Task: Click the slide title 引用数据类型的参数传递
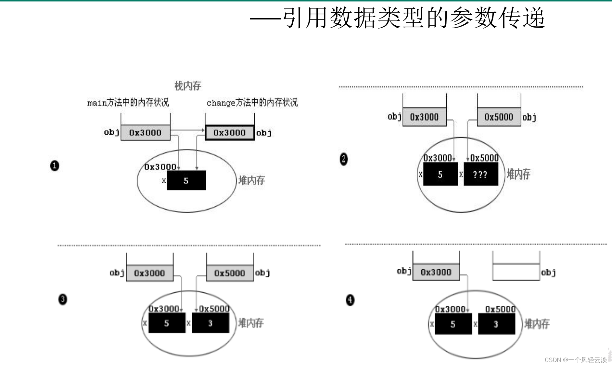[x=413, y=18]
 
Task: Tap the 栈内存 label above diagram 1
[x=188, y=86]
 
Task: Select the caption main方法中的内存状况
[x=128, y=103]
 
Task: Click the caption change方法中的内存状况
[x=252, y=103]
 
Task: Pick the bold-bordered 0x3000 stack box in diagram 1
[x=230, y=133]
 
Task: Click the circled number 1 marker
[x=55, y=166]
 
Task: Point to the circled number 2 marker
[x=343, y=159]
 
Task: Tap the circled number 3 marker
[x=62, y=299]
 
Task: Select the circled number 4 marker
[x=350, y=300]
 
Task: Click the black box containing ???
[x=480, y=174]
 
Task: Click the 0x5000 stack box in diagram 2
[x=499, y=117]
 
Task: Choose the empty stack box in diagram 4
[x=516, y=272]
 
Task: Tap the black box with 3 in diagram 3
[x=210, y=323]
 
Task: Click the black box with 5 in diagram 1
[x=186, y=180]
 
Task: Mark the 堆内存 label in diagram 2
[x=518, y=174]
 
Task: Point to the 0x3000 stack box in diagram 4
[x=436, y=272]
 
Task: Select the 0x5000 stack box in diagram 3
[x=230, y=273]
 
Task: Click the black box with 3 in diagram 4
[x=496, y=324]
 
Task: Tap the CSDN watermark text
[x=575, y=360]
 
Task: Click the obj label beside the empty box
[x=548, y=272]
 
